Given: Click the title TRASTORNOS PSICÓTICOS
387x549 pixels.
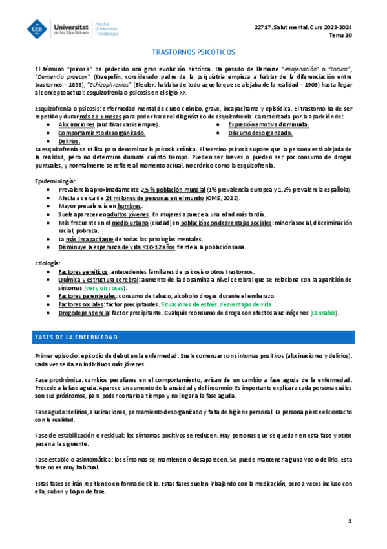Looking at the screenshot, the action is [193, 51].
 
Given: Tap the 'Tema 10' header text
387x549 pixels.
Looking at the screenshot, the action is [341, 36].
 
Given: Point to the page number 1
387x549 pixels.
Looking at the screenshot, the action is [350, 521].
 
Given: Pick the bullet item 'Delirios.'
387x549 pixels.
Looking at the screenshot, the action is [69, 140].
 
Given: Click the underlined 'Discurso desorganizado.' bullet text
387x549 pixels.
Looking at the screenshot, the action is [260, 132].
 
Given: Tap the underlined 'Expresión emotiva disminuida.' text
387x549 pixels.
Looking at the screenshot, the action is [264, 124].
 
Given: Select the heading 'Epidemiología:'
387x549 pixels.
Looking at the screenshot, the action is [56, 180].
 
